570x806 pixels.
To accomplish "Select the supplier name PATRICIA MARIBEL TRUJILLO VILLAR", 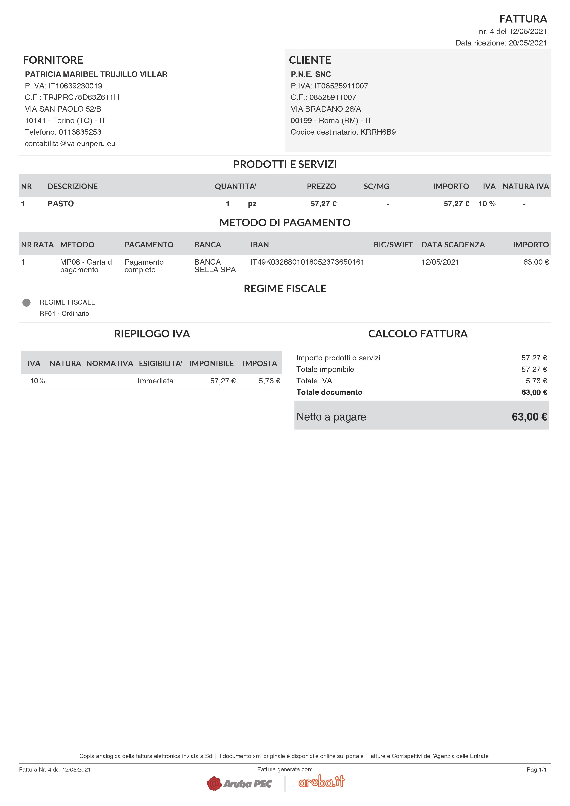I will coord(96,74).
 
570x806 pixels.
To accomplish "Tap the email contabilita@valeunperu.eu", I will coord(70,144).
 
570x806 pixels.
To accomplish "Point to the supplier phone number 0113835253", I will coord(80,132).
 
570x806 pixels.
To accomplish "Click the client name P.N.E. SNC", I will coord(311,74).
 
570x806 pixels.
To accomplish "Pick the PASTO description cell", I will coord(61,204).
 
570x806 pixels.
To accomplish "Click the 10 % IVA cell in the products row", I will coord(487,204).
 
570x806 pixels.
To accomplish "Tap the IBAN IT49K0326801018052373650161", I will coord(307,262).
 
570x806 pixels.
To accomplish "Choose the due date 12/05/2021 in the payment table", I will coord(440,262).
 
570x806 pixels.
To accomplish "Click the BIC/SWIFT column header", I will coord(393,245).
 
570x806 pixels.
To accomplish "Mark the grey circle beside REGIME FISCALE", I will coord(26,303).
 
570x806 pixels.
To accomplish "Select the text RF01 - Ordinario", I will coord(64,314).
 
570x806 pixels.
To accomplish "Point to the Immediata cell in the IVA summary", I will coord(155,381).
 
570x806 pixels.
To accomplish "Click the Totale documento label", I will coord(329,392).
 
